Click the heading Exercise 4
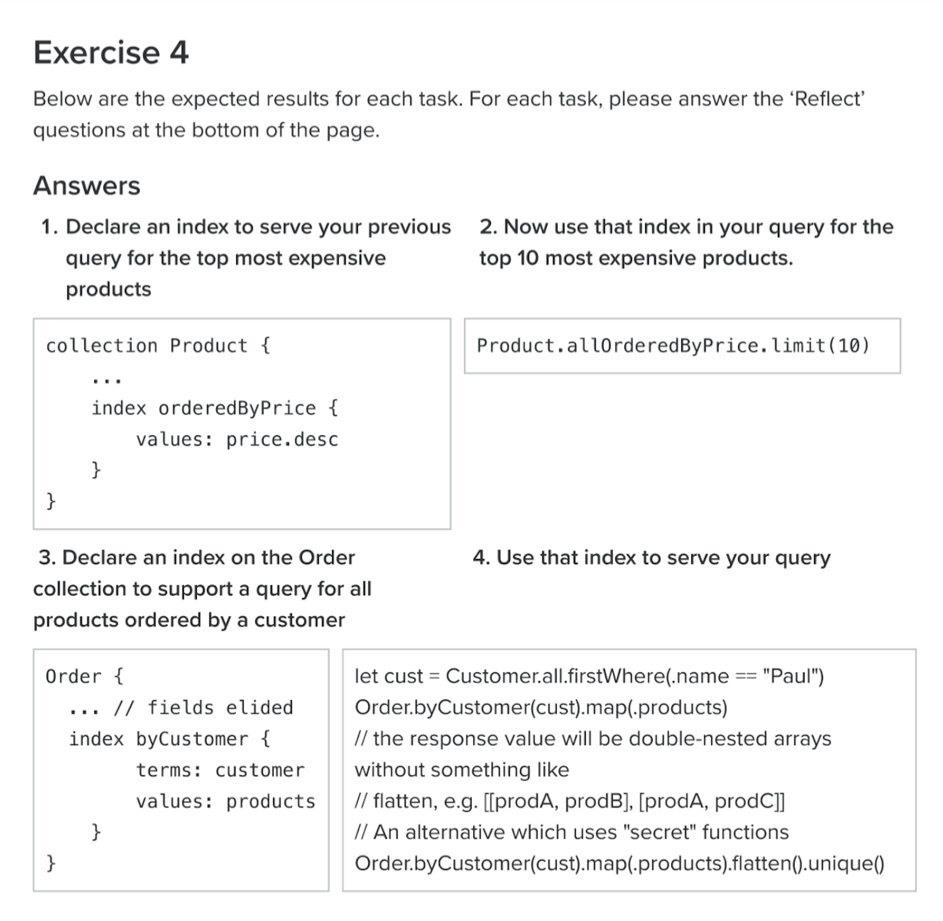(x=111, y=53)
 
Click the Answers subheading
(x=87, y=186)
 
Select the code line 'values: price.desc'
(x=237, y=439)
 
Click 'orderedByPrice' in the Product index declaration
(x=237, y=408)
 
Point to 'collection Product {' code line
(x=158, y=346)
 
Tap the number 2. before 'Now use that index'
(x=489, y=227)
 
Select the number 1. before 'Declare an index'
(x=50, y=227)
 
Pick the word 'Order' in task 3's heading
(x=327, y=558)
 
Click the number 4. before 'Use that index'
(x=481, y=558)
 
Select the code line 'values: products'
(x=225, y=801)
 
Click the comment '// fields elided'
(x=203, y=708)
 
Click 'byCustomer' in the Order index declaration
(x=192, y=739)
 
